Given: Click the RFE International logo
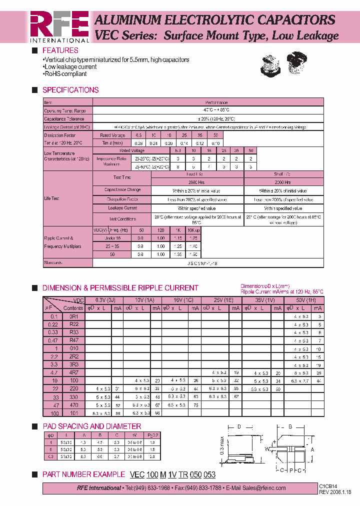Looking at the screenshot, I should click(x=59, y=26).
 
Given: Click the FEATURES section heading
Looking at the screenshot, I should click(x=60, y=50).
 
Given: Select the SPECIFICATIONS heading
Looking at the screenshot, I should click(x=70, y=90).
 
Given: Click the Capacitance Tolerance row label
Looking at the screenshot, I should click(x=64, y=119).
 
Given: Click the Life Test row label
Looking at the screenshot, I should click(x=52, y=198).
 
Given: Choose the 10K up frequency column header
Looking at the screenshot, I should click(x=193, y=230).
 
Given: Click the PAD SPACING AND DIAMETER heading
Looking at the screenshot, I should click(x=91, y=426).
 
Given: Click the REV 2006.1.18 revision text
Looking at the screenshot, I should click(x=335, y=491).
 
